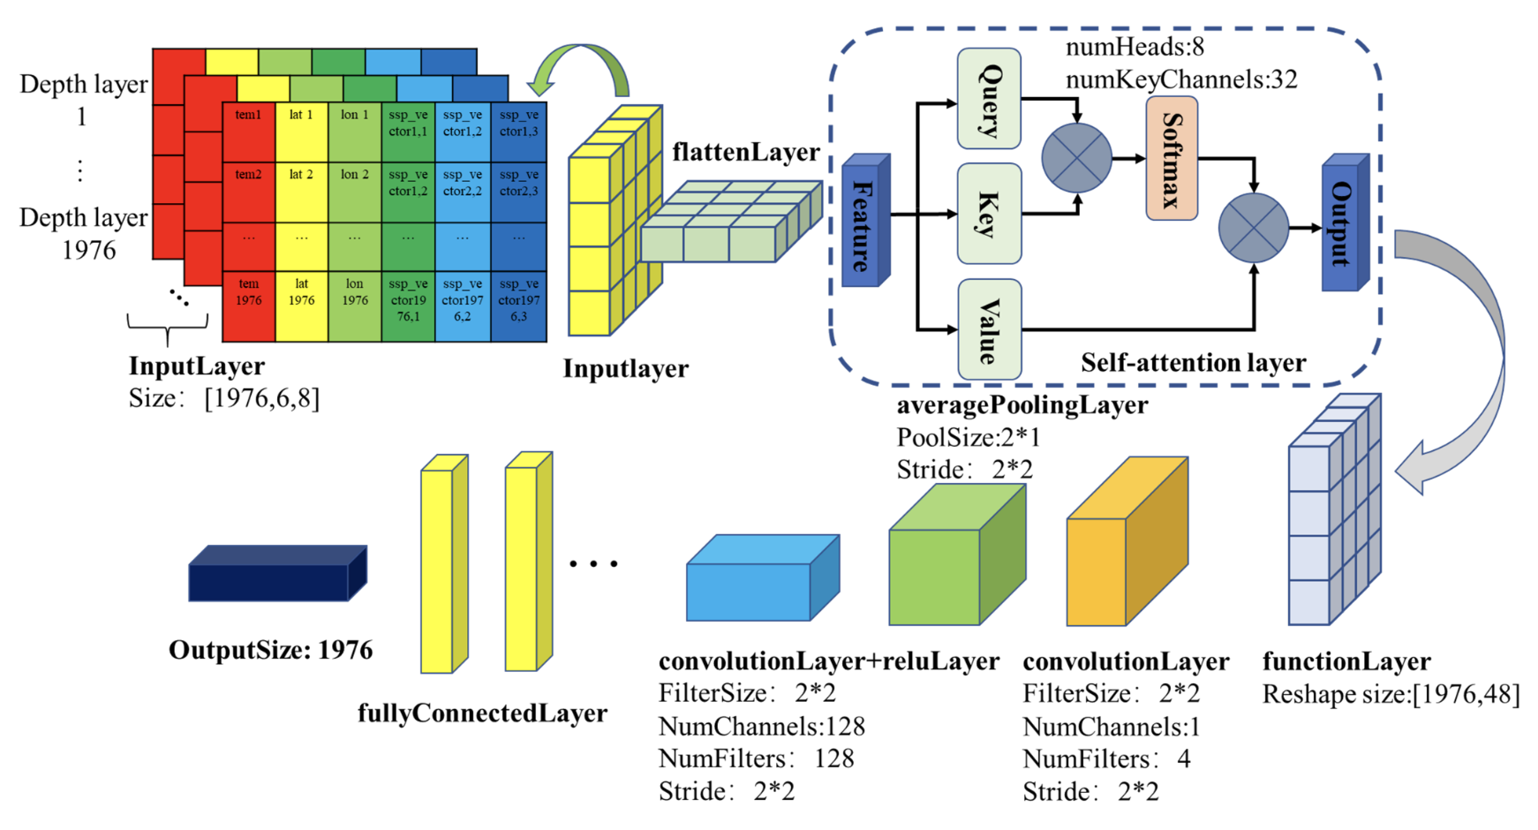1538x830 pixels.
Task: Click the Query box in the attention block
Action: [x=989, y=99]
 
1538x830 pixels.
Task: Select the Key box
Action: [x=989, y=213]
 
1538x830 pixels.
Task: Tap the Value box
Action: [x=989, y=329]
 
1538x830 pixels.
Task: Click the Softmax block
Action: [x=1172, y=159]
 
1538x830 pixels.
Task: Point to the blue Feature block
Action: [x=863, y=221]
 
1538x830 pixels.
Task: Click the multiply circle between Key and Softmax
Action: [x=1076, y=158]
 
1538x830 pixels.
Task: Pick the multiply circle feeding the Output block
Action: [x=1253, y=228]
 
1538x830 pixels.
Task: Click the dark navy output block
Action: [x=275, y=575]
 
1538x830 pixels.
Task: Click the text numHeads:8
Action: [x=1135, y=47]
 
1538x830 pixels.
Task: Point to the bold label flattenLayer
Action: [x=746, y=152]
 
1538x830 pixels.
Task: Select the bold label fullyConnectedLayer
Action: [x=482, y=713]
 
